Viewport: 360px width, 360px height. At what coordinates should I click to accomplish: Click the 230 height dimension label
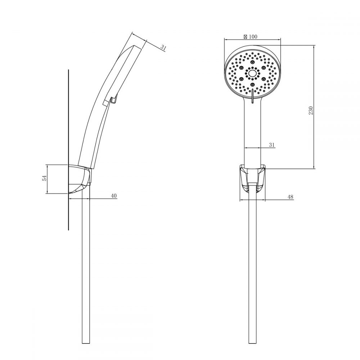pyautogui.click(x=311, y=111)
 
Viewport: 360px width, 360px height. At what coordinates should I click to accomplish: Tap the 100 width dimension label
pyautogui.click(x=253, y=36)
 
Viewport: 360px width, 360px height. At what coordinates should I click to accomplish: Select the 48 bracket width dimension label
pyautogui.click(x=291, y=197)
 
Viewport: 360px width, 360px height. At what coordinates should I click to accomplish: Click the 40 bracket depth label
pyautogui.click(x=114, y=195)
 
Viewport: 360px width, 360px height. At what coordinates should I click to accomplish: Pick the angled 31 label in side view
pyautogui.click(x=163, y=48)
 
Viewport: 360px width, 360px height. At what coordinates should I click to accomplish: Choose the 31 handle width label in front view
pyautogui.click(x=271, y=145)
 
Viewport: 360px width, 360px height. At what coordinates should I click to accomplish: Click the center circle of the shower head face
pyautogui.click(x=252, y=73)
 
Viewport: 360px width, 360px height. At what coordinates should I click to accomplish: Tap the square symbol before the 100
pyautogui.click(x=246, y=36)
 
